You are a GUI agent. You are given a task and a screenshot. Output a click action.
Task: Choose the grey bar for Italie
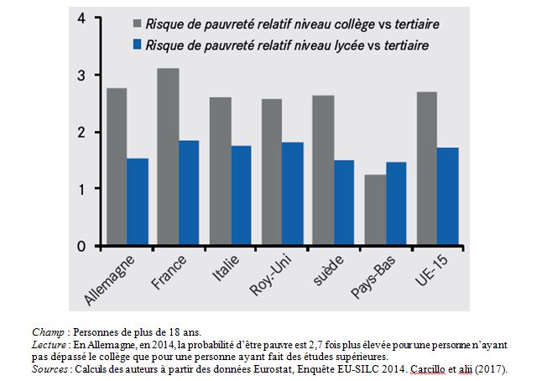(219, 171)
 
